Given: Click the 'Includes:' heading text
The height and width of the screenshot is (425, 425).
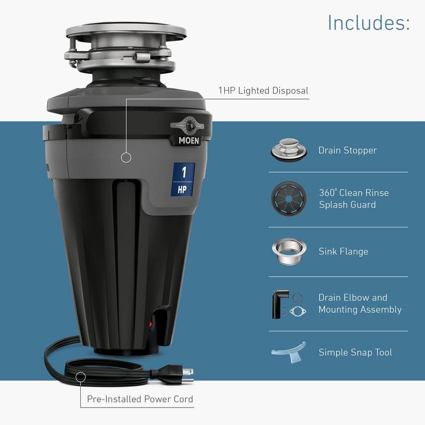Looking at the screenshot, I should click(x=368, y=23).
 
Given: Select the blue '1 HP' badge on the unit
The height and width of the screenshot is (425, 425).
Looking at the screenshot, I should click(x=183, y=179).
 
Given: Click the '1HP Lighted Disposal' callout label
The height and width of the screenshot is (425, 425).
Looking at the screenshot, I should click(x=263, y=91).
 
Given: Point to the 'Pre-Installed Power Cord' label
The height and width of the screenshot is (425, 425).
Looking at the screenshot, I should click(x=140, y=399).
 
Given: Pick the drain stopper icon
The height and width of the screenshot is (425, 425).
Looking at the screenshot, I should click(x=289, y=150).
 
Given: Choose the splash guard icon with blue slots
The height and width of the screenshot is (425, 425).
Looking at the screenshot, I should click(x=289, y=198).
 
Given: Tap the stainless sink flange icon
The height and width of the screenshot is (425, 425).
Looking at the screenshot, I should click(x=289, y=251).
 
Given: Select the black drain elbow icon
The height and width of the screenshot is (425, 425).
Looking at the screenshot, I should click(x=279, y=303).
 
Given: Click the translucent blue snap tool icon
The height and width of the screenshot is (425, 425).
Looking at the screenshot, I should click(x=289, y=352).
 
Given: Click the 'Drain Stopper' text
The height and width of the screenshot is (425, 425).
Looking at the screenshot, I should click(x=347, y=150).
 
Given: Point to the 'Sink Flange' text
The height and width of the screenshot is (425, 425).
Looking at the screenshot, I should click(x=343, y=252).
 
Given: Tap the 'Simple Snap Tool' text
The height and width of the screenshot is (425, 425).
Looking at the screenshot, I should click(x=355, y=352).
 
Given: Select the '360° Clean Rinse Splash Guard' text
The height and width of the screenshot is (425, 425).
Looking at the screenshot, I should click(x=354, y=198).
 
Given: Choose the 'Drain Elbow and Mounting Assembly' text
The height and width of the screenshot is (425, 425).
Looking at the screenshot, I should click(x=360, y=303).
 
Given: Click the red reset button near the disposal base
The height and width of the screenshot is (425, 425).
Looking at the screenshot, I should click(x=150, y=324).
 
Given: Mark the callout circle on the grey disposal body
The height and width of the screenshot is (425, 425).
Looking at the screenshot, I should click(x=126, y=158).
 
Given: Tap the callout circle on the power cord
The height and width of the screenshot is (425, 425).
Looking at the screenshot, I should click(x=80, y=377).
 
